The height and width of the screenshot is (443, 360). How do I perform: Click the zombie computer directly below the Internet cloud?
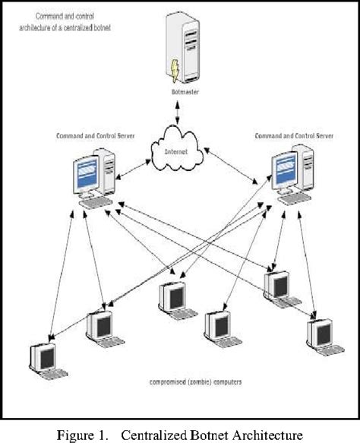(172, 299)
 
